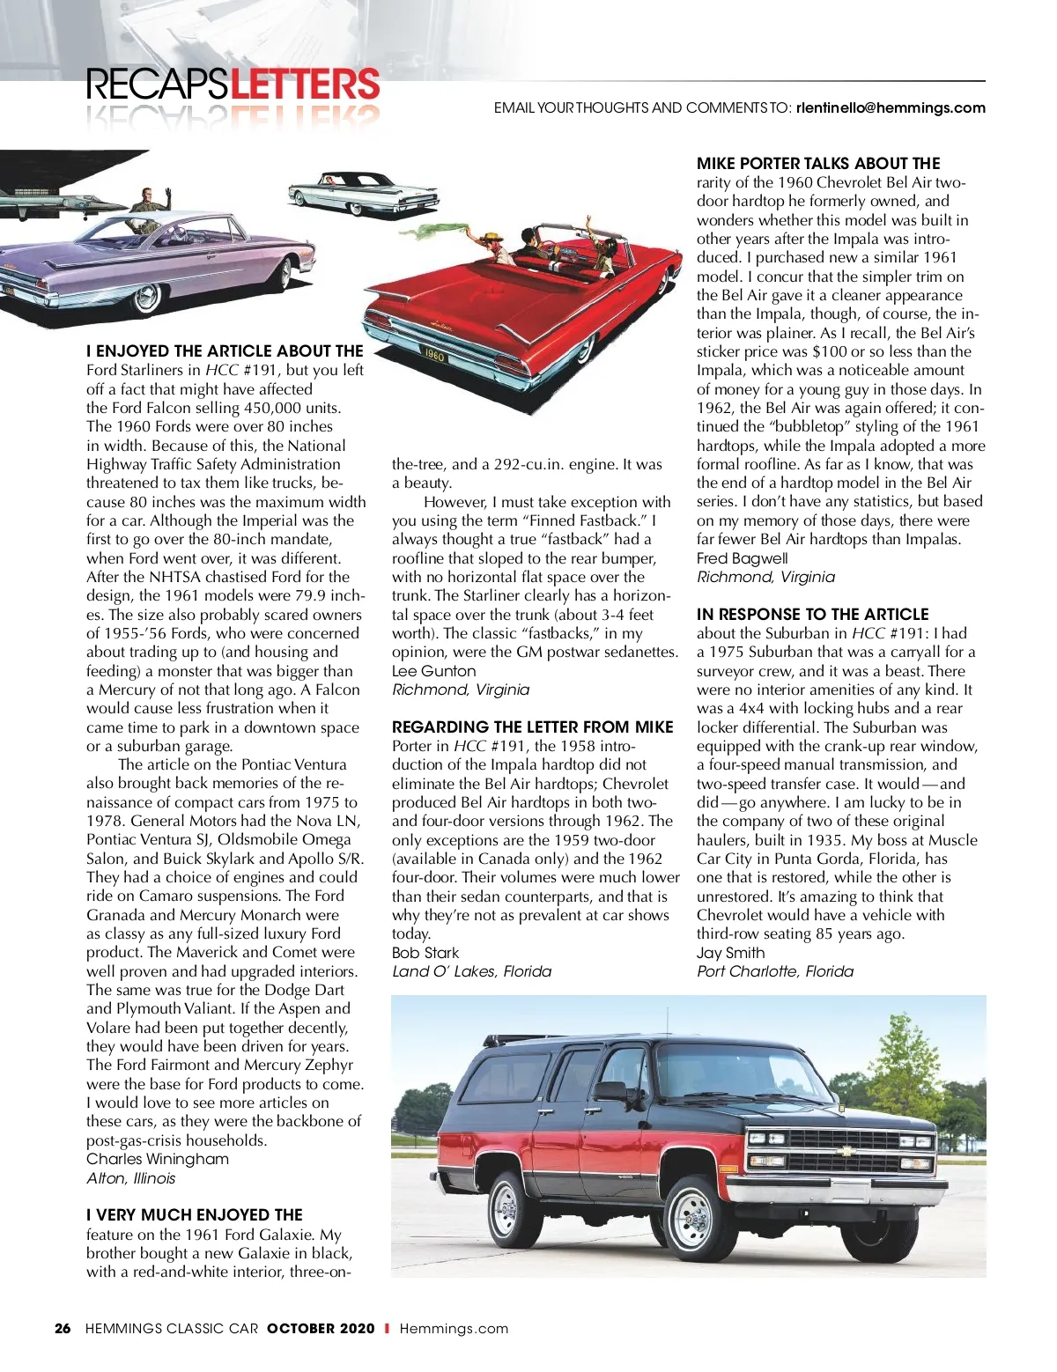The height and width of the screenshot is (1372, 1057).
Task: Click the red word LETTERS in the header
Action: click(x=306, y=85)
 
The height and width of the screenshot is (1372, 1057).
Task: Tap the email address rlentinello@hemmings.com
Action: click(x=890, y=108)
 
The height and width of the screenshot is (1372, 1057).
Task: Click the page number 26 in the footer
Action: click(x=63, y=1329)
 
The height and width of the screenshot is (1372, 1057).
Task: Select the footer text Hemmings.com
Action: click(x=454, y=1329)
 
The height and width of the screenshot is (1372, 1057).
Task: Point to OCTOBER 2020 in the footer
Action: click(x=321, y=1329)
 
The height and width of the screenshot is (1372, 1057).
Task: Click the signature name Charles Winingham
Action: click(x=158, y=1159)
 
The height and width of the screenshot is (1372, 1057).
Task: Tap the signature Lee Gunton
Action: click(x=433, y=671)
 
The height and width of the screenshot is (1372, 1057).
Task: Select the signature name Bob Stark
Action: click(x=425, y=953)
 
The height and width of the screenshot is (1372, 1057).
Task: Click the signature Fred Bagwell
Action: click(x=742, y=558)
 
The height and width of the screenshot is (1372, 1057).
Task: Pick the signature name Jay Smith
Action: click(x=730, y=953)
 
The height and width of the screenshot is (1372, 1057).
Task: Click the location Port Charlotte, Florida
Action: click(x=775, y=971)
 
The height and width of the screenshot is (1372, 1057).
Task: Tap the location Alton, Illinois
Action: click(x=131, y=1178)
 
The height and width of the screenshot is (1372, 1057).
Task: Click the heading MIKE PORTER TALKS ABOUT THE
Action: click(x=818, y=164)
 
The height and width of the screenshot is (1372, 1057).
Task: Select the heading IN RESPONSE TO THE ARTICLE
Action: click(x=812, y=615)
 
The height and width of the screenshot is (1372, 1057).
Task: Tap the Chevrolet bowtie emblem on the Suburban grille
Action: click(x=846, y=1150)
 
